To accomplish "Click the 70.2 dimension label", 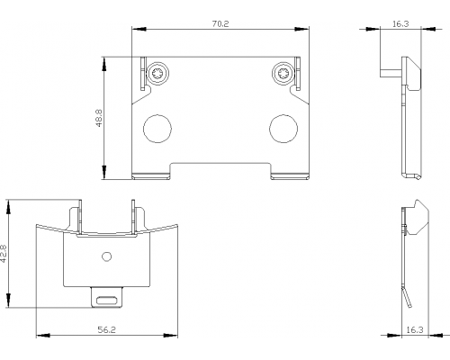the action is pos(220,24).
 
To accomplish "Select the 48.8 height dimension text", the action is pos(99,118).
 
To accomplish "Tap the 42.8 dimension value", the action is pos(4,254).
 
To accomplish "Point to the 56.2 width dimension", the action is pos(107,330).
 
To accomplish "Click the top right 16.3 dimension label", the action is pos(400,24).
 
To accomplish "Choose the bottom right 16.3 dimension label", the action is pos(415,330).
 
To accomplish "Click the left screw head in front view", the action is pos(157,74).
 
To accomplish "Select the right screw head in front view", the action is pos(283,74).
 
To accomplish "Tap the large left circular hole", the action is pos(157,129).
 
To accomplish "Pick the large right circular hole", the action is pos(283,129).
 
